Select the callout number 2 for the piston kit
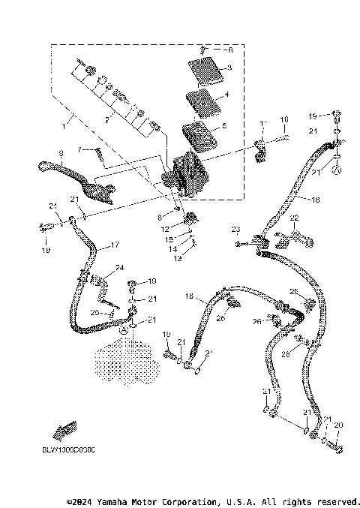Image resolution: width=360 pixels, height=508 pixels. (x=106, y=119)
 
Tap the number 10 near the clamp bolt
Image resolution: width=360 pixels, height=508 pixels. (x=284, y=119)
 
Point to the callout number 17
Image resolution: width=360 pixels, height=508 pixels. (x=115, y=244)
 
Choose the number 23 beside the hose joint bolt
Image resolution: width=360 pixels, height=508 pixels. (x=235, y=228)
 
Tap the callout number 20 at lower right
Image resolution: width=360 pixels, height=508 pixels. (x=338, y=425)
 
